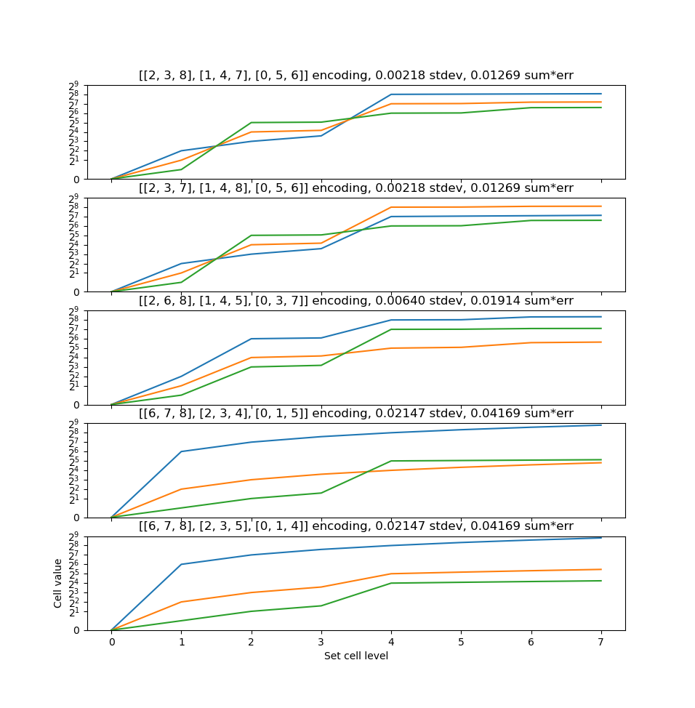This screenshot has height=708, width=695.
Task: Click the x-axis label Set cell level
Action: click(355, 656)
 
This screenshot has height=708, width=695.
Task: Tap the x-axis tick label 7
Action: click(601, 643)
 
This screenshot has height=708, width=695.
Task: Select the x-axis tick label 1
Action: click(182, 643)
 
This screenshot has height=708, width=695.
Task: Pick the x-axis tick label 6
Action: click(531, 643)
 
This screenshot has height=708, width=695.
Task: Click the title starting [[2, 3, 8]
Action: click(355, 76)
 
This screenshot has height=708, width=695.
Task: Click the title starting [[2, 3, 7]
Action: click(355, 188)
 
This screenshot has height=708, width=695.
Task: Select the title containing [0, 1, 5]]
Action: click(355, 414)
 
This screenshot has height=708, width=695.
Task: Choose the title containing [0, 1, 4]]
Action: click(355, 526)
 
